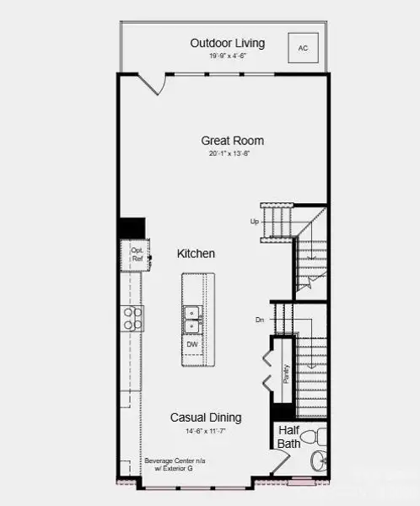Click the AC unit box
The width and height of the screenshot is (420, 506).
303,47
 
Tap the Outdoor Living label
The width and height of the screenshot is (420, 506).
227,43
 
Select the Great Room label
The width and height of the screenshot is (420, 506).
232,141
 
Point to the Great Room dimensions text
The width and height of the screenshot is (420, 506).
232,154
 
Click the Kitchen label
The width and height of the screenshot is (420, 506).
196,253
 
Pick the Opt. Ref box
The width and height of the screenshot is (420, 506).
137,254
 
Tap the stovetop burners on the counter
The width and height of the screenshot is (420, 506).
134,318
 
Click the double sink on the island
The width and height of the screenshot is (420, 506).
192,319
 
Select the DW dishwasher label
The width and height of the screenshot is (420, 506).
192,345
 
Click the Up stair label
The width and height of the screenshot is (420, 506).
254,222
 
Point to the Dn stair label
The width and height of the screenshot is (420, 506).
260,320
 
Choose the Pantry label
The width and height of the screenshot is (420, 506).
286,374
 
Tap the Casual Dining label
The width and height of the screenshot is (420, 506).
206,417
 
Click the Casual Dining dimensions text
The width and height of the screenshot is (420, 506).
206,431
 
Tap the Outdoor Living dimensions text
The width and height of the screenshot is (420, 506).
227,57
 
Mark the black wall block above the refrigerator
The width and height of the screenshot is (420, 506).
132,228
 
